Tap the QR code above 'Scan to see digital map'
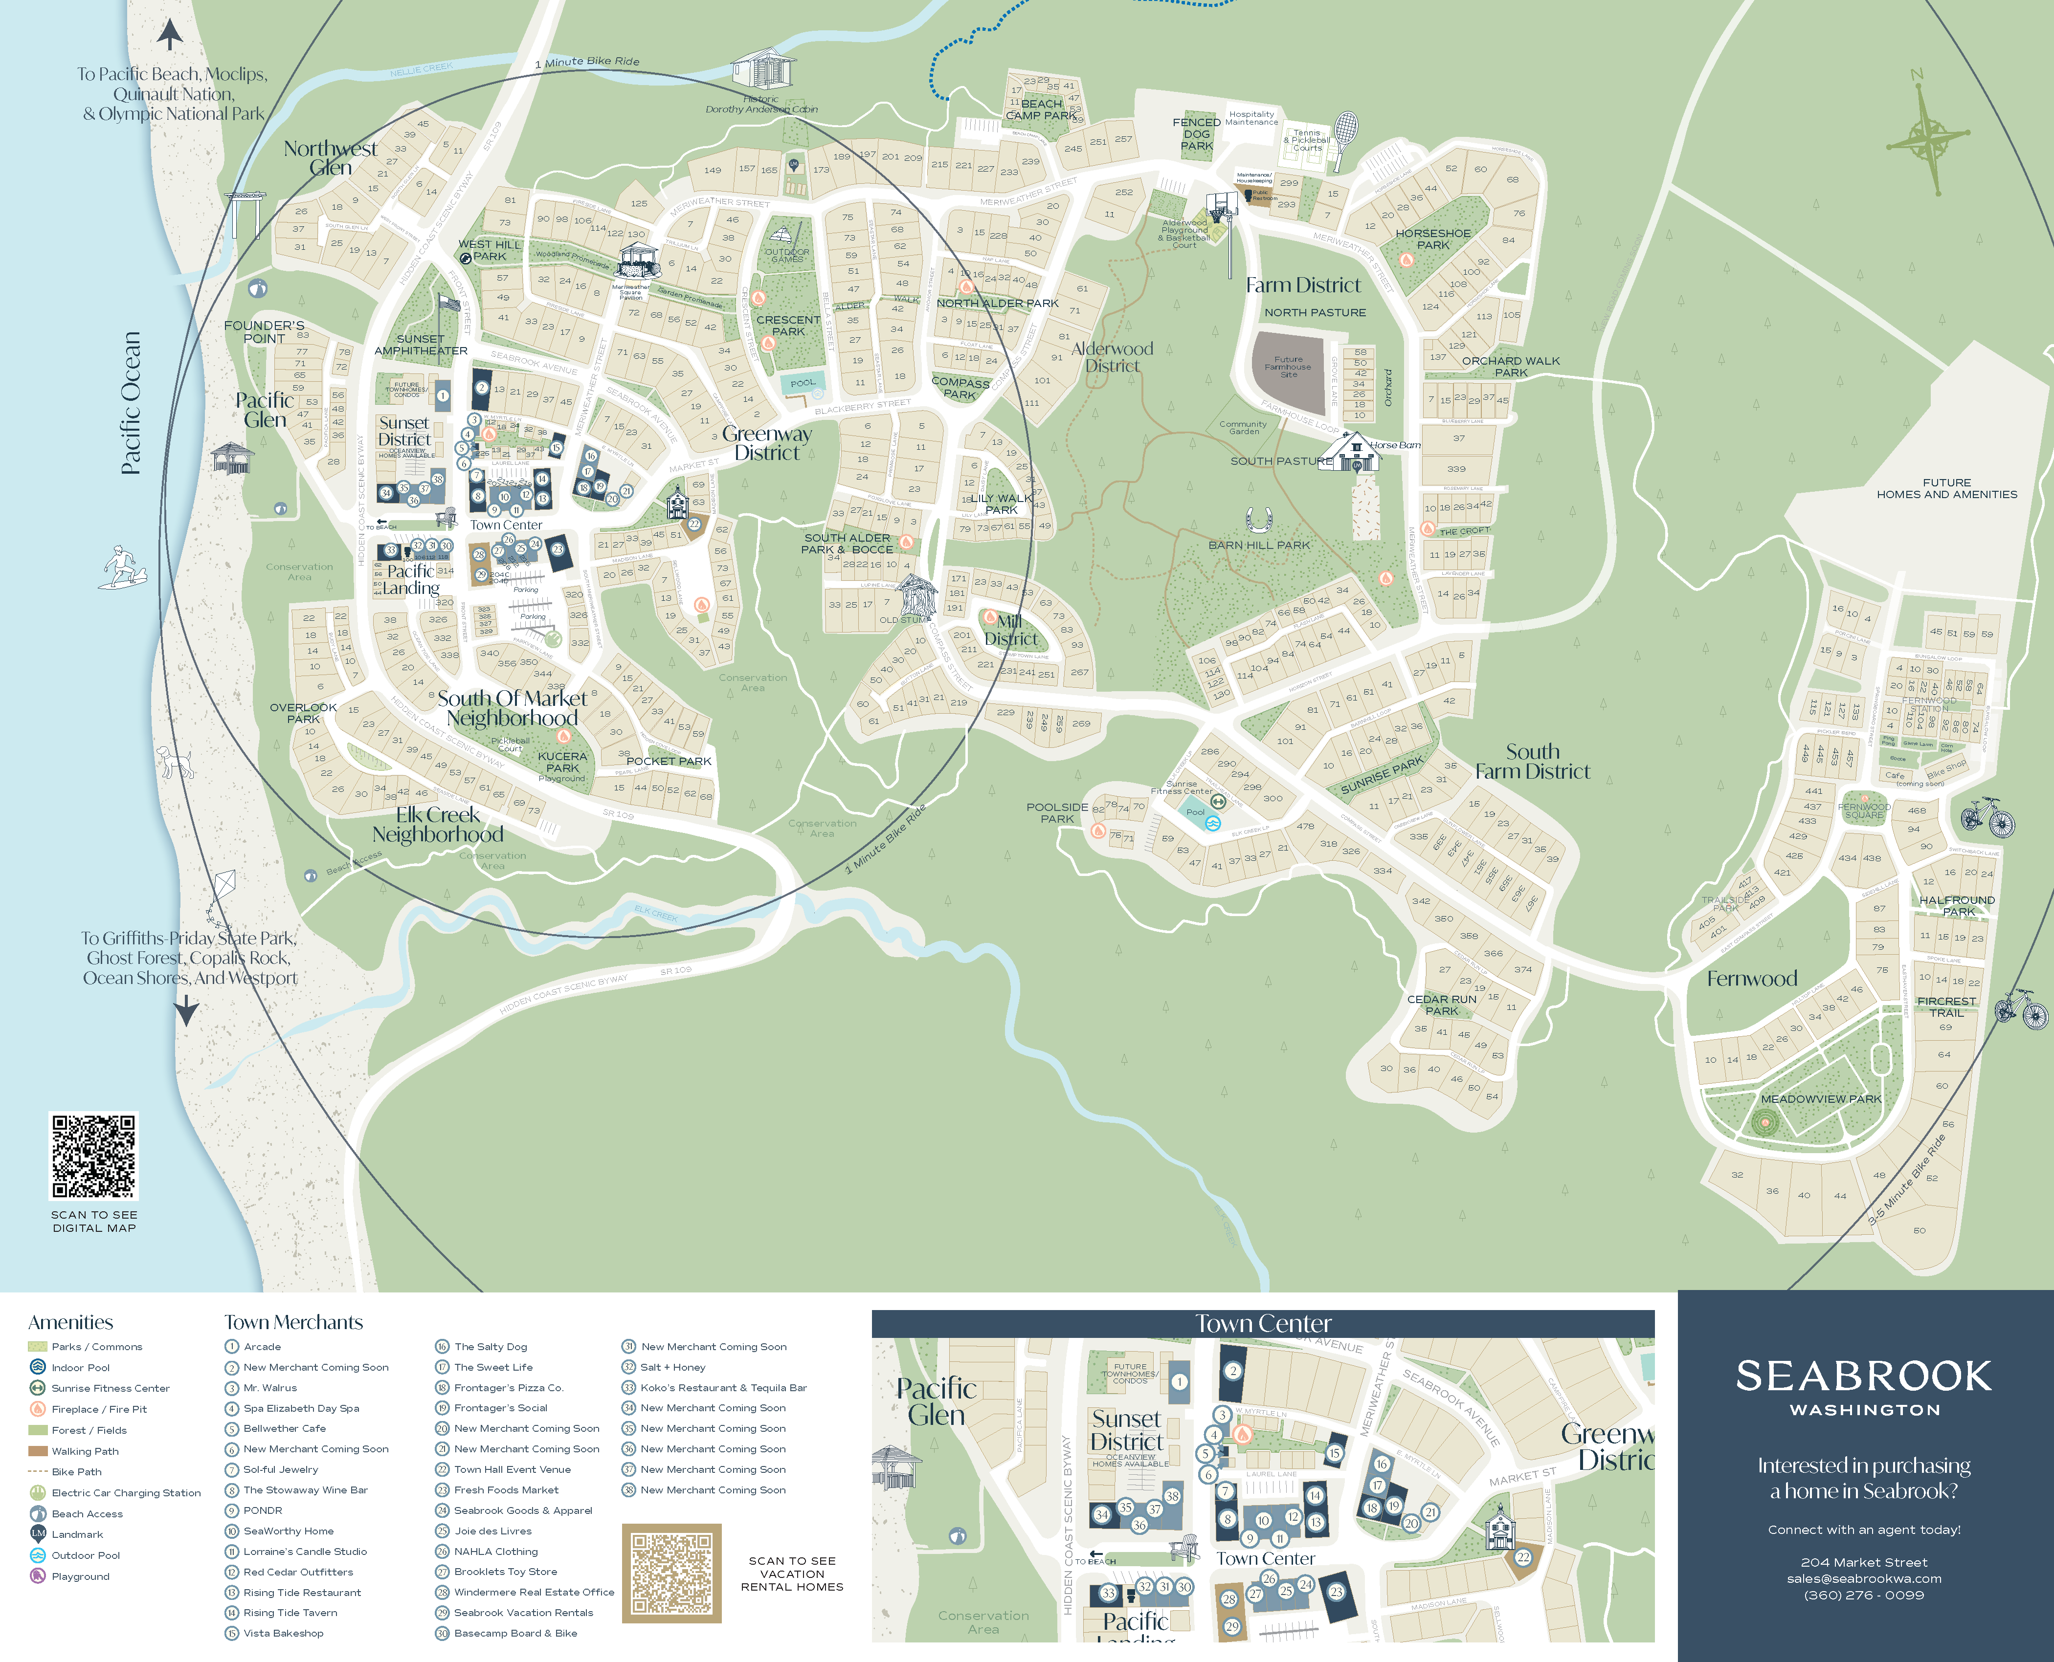coord(94,1156)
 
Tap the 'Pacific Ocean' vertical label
coord(131,402)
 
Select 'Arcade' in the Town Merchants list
coord(262,1347)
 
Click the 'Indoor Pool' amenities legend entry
coord(80,1368)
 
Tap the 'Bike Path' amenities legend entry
coord(77,1471)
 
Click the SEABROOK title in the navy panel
coord(1863,1377)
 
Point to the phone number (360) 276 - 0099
coord(1863,1595)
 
